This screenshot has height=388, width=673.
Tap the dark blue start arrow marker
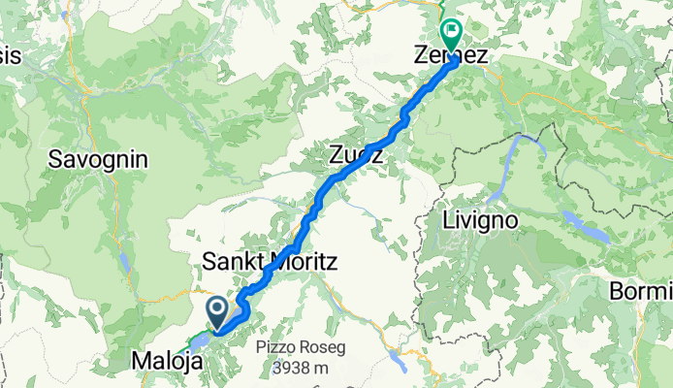click(x=217, y=312)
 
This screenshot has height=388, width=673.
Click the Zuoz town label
click(x=355, y=153)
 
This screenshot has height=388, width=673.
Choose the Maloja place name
click(x=168, y=362)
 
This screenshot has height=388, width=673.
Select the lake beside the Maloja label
click(x=201, y=341)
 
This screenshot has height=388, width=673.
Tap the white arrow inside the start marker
click(x=217, y=310)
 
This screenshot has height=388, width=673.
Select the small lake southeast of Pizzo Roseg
click(x=398, y=362)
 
